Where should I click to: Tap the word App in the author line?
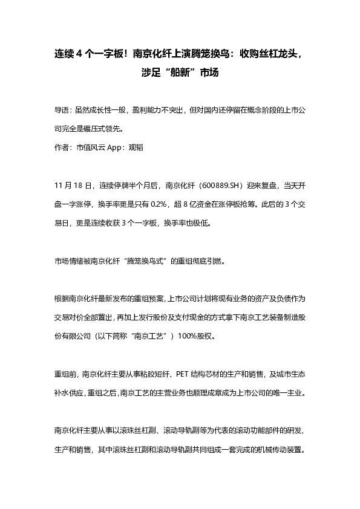[x=116, y=147]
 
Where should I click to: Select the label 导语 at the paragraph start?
[x=62, y=111]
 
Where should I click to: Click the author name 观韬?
[x=137, y=147]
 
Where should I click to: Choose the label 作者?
[x=62, y=147]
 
